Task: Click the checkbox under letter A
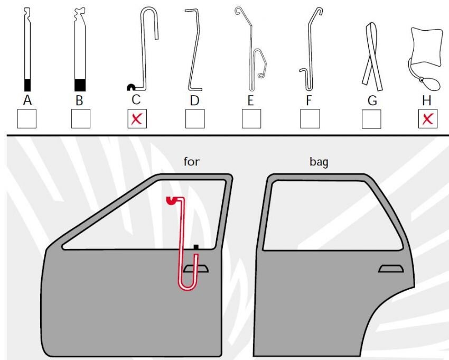(x=27, y=119)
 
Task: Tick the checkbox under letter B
(x=81, y=119)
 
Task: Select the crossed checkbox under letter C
(x=137, y=119)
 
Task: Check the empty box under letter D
(x=195, y=119)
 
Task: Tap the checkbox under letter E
(x=251, y=119)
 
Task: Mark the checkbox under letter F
(x=310, y=119)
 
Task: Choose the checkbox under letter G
(x=371, y=119)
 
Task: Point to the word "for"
(x=192, y=162)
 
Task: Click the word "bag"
(x=319, y=162)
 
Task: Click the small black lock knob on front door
(x=196, y=246)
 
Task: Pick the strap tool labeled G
(x=371, y=56)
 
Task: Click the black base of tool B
(x=80, y=85)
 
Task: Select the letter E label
(x=251, y=100)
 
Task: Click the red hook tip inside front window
(x=171, y=200)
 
